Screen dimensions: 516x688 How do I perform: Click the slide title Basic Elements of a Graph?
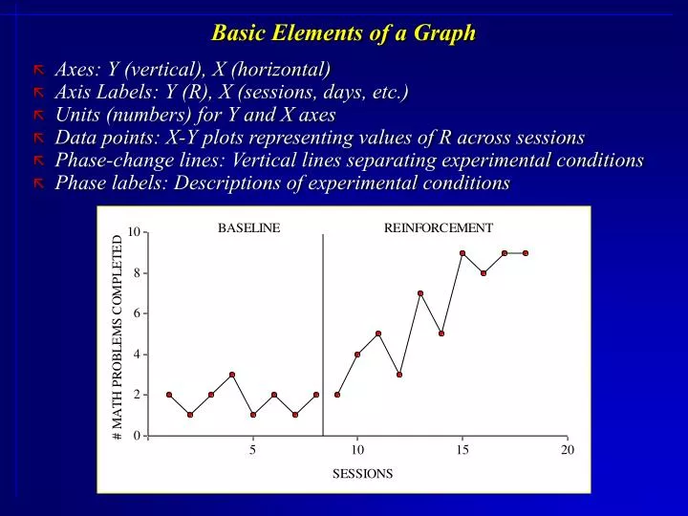[x=343, y=32]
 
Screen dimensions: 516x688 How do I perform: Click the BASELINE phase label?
[x=249, y=228]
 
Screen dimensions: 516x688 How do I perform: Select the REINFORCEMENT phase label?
[x=439, y=228]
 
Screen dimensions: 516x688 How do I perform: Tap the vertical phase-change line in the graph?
[x=323, y=334]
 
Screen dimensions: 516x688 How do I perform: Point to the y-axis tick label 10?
[x=134, y=233]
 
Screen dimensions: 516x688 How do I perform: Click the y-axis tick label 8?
[x=137, y=273]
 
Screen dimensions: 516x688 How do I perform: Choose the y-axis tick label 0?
[x=137, y=437]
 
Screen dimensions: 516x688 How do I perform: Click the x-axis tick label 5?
[x=253, y=451]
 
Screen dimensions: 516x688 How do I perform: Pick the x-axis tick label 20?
[x=568, y=451]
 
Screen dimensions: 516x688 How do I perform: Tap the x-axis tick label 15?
[x=462, y=451]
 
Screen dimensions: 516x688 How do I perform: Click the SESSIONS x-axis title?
[x=362, y=474]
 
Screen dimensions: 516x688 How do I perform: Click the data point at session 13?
[x=420, y=293]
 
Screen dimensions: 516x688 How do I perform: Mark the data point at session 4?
[x=232, y=375]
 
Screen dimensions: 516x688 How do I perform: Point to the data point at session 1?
[x=169, y=395]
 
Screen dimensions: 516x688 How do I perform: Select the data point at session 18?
[x=526, y=253]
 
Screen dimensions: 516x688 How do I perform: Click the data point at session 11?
[x=378, y=333]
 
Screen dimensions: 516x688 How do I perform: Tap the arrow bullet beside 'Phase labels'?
[x=39, y=184]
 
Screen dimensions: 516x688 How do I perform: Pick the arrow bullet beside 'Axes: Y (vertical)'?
[x=39, y=70]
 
